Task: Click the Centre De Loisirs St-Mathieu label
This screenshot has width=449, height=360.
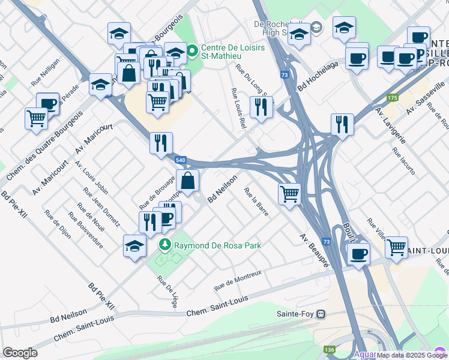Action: tap(224, 52)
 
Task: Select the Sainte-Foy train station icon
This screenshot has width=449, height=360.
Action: tap(322, 313)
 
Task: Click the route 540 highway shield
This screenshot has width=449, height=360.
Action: tap(181, 160)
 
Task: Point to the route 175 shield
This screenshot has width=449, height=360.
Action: tap(393, 98)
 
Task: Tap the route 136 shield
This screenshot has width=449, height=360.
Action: tap(328, 349)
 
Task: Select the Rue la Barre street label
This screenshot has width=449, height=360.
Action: tap(256, 202)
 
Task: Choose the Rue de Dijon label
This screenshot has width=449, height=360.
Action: tap(58, 224)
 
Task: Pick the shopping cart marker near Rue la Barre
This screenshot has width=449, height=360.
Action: tap(290, 194)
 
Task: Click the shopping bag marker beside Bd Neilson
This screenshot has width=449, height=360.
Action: tap(187, 180)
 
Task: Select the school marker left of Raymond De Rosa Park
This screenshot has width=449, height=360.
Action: tap(134, 245)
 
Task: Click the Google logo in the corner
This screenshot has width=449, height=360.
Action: tap(20, 353)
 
